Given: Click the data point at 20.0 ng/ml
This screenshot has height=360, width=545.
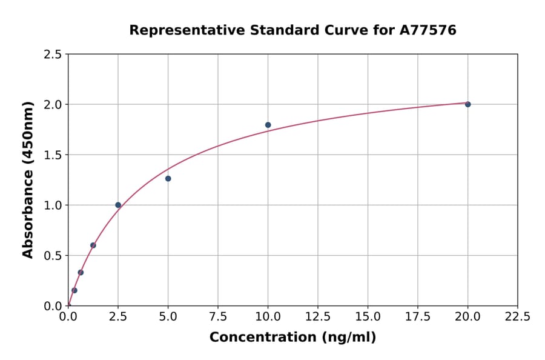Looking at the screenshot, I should (467, 104).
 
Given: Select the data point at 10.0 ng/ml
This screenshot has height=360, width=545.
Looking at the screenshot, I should (268, 125).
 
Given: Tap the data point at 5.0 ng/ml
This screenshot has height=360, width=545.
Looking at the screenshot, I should (168, 179).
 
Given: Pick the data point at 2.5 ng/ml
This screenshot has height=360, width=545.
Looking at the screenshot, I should (118, 205).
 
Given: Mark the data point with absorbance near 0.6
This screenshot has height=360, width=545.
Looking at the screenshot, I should (93, 245).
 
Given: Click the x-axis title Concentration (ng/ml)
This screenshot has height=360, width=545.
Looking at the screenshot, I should (292, 338).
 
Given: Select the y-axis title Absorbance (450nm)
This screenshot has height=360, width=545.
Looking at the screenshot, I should (28, 180).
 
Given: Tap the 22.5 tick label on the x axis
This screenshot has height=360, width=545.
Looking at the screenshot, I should (517, 316).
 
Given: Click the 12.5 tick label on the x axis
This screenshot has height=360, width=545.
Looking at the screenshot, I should (318, 316).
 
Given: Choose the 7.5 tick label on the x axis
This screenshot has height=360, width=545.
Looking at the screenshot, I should (218, 316).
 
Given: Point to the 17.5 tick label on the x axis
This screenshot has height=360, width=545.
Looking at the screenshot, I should (417, 316).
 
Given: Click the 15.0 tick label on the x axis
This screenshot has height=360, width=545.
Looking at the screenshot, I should (368, 316).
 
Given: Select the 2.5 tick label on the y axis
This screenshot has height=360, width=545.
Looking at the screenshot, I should (53, 55).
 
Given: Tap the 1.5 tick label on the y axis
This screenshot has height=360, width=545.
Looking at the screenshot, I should (53, 155).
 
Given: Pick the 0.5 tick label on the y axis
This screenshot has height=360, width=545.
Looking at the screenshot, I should (53, 256).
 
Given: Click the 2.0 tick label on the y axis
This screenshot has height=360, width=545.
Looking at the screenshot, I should (53, 105).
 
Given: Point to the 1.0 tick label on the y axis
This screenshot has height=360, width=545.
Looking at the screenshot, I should (53, 205).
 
